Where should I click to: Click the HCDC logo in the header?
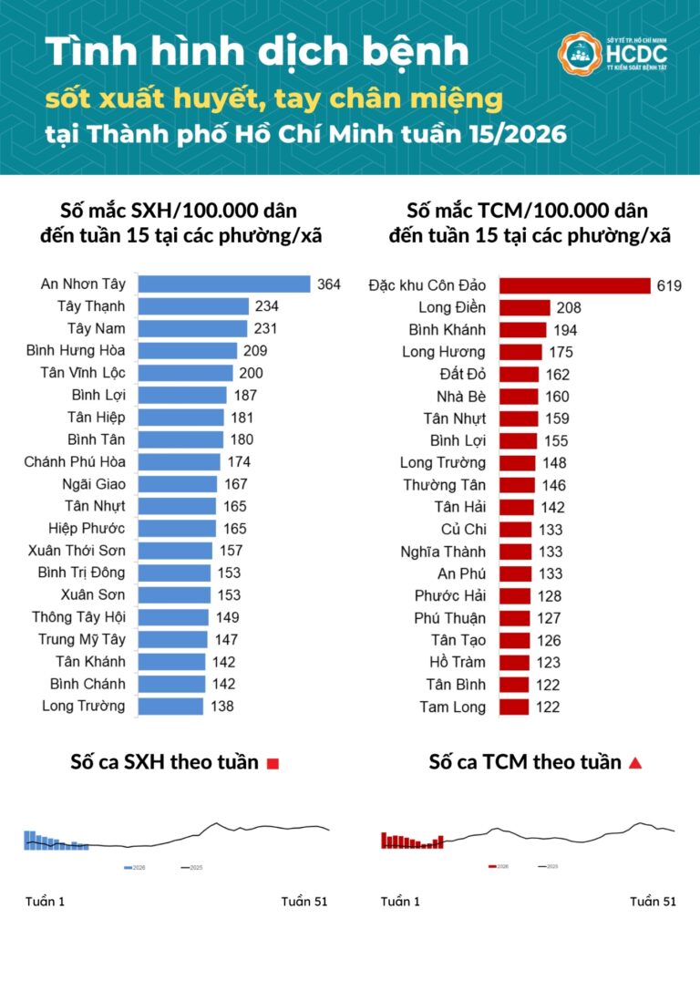click(x=612, y=56)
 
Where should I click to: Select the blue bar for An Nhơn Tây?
click(x=223, y=284)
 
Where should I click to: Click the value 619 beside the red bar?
click(x=668, y=285)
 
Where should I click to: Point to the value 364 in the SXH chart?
click(x=328, y=284)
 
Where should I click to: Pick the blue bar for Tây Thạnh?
click(x=192, y=306)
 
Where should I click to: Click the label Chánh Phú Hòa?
click(x=75, y=461)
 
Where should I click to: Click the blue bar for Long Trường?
click(x=170, y=706)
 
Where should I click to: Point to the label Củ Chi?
click(x=464, y=529)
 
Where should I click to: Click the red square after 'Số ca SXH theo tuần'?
click(x=273, y=764)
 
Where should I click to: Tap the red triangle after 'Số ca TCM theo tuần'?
click(x=635, y=763)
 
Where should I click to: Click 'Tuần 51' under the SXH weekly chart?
click(x=304, y=902)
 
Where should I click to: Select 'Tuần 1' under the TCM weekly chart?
click(x=400, y=902)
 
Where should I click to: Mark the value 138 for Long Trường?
click(x=222, y=706)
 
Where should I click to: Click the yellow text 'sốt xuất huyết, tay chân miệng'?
click(x=273, y=98)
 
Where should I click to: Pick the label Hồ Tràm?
click(x=458, y=662)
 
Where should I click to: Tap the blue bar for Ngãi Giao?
click(x=177, y=484)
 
